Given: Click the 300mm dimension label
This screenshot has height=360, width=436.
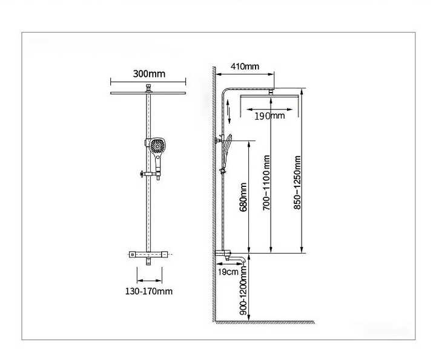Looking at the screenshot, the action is click(149, 74).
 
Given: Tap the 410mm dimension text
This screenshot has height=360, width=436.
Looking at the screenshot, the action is click(245, 67).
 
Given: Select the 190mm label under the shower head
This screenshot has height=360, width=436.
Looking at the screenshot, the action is click(269, 116).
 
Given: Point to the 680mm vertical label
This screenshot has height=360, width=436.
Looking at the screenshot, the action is click(243, 197).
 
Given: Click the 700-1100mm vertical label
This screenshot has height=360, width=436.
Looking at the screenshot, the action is click(266, 183).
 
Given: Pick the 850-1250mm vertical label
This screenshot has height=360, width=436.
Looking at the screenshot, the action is click(297, 183).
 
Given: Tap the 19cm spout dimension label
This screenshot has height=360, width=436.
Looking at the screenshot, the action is click(228, 272).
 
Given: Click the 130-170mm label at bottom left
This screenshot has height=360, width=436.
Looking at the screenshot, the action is click(149, 292).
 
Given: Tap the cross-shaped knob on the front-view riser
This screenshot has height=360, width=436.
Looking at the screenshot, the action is click(142, 174).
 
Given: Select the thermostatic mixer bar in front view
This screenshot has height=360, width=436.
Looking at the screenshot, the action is click(148, 254).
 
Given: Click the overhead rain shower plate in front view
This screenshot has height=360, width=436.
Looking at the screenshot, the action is click(148, 93).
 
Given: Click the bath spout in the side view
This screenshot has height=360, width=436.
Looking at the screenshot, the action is click(237, 260).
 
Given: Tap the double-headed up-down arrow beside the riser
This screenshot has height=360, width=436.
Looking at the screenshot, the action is click(229, 111).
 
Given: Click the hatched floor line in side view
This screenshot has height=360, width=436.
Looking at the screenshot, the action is click(265, 322).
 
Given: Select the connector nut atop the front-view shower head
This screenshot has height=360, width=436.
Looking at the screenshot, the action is click(148, 88).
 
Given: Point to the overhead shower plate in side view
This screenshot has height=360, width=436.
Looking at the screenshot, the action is click(269, 96).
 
